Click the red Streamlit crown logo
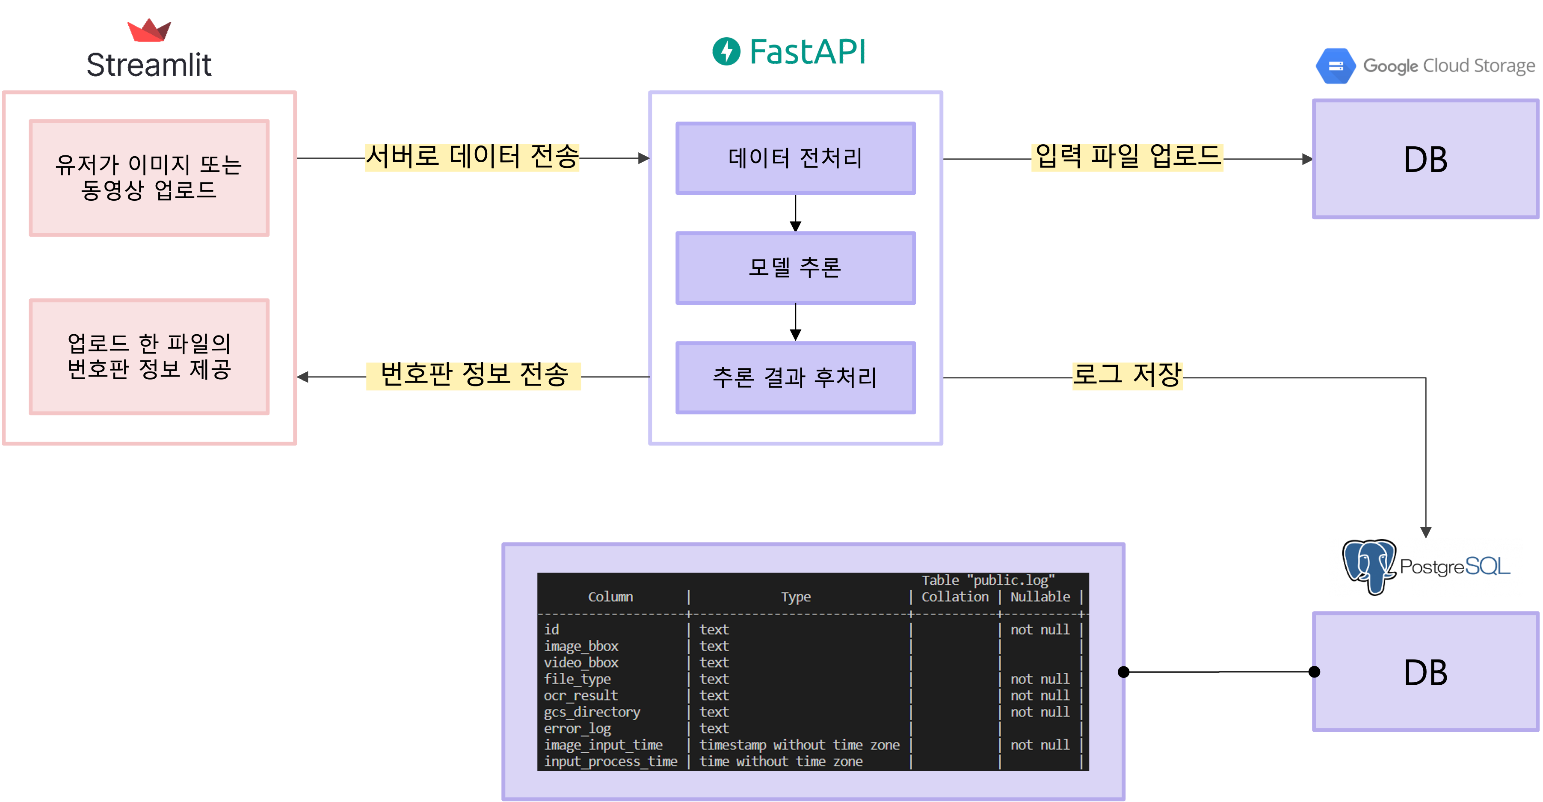(149, 30)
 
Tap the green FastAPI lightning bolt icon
(726, 51)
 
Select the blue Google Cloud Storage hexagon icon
(1335, 66)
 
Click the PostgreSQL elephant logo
(1369, 567)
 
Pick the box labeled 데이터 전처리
(796, 158)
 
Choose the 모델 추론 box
(796, 268)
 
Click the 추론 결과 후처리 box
(796, 377)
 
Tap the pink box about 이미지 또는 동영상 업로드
(149, 178)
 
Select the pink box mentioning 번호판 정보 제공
(149, 356)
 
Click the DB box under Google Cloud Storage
(1426, 159)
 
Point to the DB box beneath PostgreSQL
(1426, 671)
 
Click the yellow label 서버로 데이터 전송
(472, 157)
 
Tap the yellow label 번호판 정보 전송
(473, 376)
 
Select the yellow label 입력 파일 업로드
(1127, 157)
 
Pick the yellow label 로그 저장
(1127, 376)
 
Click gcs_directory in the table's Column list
(592, 712)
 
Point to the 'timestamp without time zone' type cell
(800, 745)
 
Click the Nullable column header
(1040, 597)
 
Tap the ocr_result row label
(580, 695)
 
